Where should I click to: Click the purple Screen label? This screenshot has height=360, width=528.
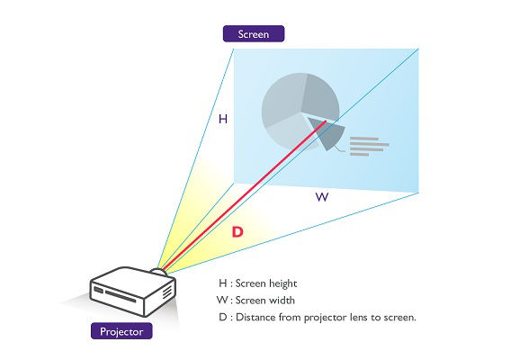[x=254, y=33]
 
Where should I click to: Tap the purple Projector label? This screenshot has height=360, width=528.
[x=121, y=331]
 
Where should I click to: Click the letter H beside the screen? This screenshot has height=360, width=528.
[x=223, y=119]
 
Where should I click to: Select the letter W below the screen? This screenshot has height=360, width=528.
[x=322, y=197]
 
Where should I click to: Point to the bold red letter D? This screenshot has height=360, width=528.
[x=237, y=232]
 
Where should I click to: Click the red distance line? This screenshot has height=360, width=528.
[x=245, y=195]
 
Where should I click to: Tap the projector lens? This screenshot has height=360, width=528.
[x=158, y=271]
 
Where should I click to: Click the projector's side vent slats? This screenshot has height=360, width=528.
[x=167, y=292]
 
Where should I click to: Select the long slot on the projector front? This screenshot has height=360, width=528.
[x=121, y=296]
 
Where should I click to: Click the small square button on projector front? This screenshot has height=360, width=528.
[x=99, y=290]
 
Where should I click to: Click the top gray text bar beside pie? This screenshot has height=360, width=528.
[x=364, y=139]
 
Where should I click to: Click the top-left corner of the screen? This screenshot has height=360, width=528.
[x=234, y=49]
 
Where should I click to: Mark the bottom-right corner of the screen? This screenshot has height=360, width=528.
[x=418, y=193]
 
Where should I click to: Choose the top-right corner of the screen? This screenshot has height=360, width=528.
[x=418, y=49]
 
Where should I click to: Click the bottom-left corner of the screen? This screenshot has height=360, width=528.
[x=234, y=183]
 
